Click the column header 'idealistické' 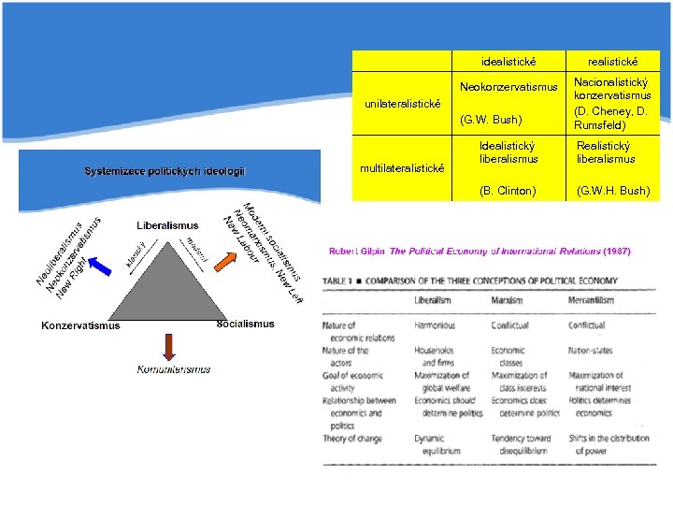pos(508,61)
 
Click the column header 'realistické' pos(612,61)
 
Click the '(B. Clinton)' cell pos(508,191)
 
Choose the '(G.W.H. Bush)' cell pos(612,191)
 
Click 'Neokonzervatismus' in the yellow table pos(508,87)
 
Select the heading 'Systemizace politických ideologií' pos(165,171)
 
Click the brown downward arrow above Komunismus pos(168,346)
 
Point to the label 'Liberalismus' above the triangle pos(167,225)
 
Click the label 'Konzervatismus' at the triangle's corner pos(80,326)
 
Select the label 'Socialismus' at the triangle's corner pos(245,324)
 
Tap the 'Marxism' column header pos(508,301)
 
